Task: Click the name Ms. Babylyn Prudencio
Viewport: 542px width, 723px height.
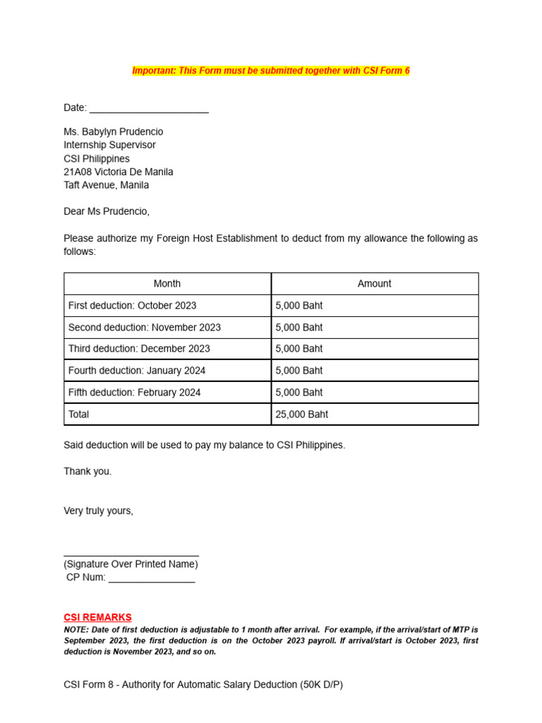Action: tap(113, 131)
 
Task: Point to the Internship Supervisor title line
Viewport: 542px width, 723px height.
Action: tap(109, 145)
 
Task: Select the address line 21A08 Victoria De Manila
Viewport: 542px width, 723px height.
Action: tap(118, 172)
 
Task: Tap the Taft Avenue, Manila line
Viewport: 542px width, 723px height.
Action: tap(106, 185)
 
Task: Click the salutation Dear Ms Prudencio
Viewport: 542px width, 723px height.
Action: tap(107, 211)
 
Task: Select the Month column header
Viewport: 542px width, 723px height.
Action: tap(167, 284)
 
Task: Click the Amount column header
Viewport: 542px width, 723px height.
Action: tap(374, 284)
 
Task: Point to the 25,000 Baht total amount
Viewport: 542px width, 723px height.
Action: tap(302, 414)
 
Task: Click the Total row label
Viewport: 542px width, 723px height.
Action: tap(79, 414)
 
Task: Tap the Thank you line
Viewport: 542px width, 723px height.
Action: tap(88, 471)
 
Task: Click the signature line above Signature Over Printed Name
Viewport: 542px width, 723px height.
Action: tap(131, 554)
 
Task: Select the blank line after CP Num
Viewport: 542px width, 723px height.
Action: tap(152, 579)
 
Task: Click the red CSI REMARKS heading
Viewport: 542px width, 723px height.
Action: tap(97, 617)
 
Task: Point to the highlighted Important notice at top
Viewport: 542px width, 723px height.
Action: tap(271, 71)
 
